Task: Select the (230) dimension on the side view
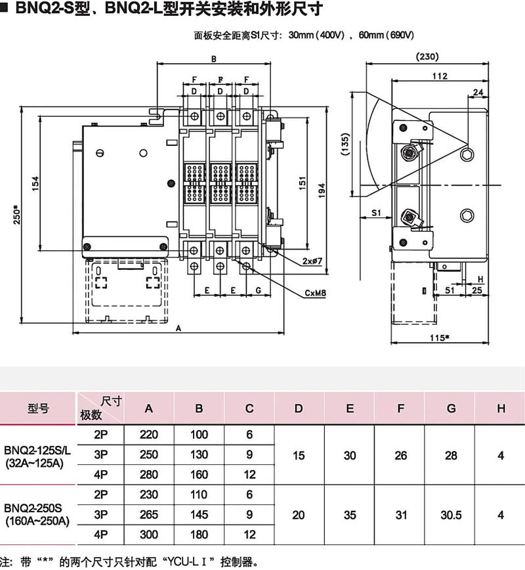pos(427,56)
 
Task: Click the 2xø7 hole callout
pos(312,261)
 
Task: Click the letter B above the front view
pos(214,59)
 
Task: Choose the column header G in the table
pos(451,408)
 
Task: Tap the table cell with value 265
pos(150,515)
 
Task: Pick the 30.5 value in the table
pos(451,515)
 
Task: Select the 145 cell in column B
pos(199,515)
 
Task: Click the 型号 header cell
pos(38,408)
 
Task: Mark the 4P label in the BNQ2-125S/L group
pos(100,474)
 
